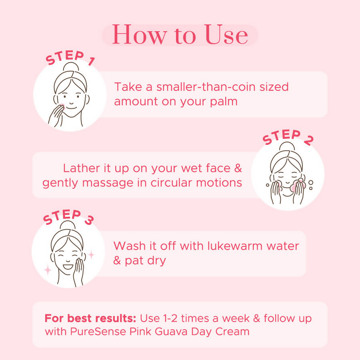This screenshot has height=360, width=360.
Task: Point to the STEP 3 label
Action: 68,218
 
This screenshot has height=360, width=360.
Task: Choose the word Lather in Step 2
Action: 81,168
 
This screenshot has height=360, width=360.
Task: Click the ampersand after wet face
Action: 238,168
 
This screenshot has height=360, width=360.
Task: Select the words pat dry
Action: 144,261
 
